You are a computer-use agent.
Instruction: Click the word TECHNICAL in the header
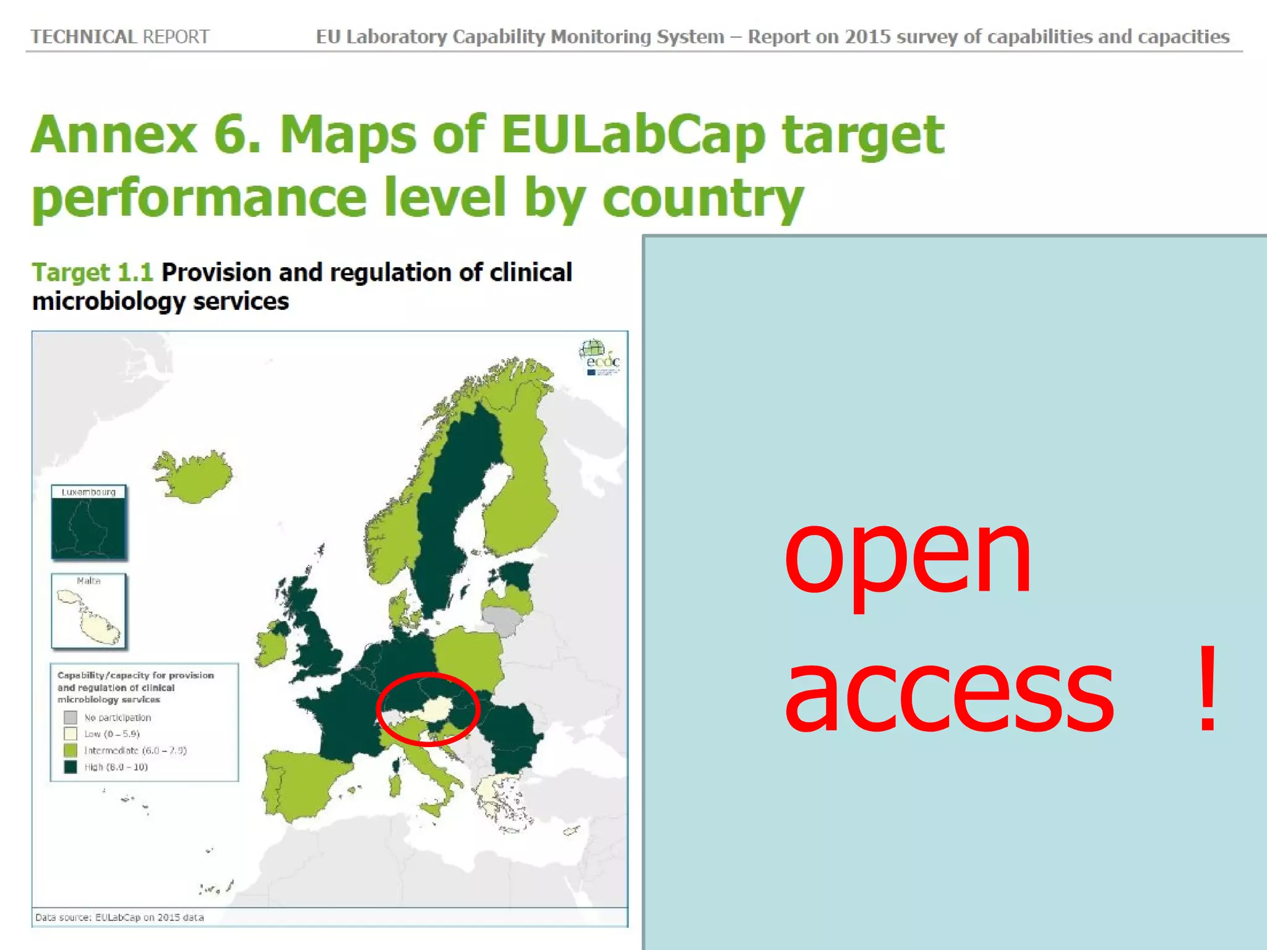84,37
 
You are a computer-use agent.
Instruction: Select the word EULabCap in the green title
632,135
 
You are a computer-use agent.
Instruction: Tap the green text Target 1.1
92,273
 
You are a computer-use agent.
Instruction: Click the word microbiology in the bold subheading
109,302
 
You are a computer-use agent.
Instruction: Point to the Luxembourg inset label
88,492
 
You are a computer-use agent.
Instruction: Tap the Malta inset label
88,581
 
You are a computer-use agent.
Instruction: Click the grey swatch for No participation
71,717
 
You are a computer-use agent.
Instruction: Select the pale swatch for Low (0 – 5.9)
71,734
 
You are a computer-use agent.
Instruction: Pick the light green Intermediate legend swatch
71,750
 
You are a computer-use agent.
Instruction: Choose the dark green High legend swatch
71,767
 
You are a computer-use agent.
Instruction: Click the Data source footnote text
119,917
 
